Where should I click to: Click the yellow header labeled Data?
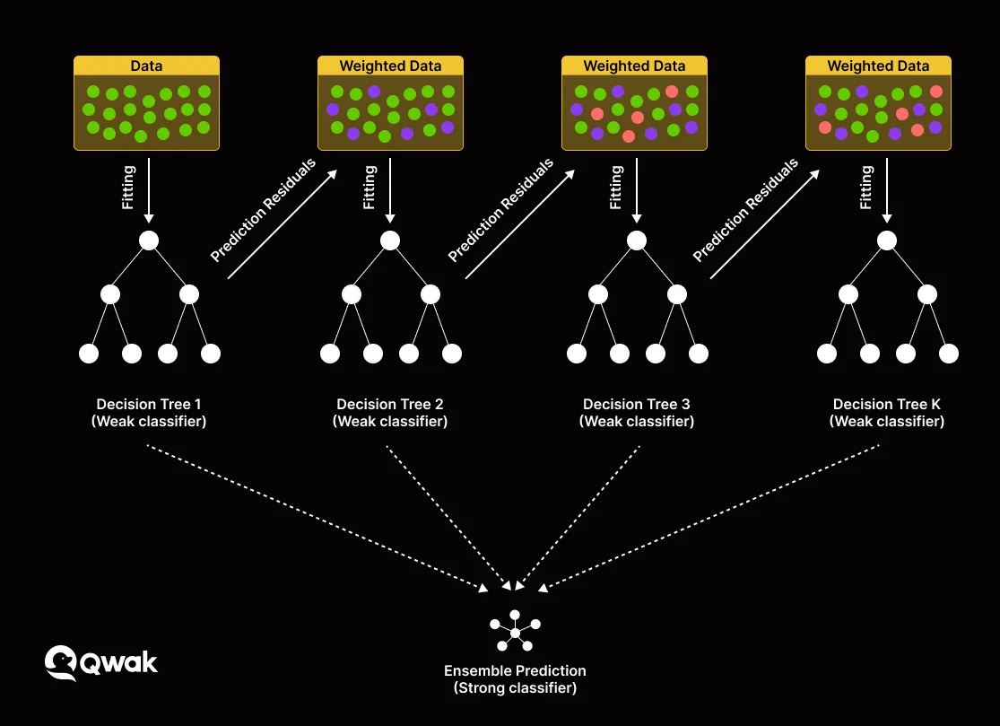[146, 66]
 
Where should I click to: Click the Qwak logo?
[100, 663]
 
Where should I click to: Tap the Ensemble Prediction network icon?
[515, 633]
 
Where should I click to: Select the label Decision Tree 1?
[149, 405]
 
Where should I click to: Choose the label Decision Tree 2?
[390, 405]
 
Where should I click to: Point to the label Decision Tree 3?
[637, 405]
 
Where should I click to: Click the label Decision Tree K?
[887, 405]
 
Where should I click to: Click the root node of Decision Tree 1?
[149, 241]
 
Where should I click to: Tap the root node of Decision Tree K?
[887, 241]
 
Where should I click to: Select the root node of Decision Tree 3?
[637, 241]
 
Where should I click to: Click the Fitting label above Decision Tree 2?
[370, 187]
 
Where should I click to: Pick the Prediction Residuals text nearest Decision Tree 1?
[264, 210]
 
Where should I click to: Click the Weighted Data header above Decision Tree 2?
[390, 66]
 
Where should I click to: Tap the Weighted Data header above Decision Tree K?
[878, 66]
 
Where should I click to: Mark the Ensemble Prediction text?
[515, 671]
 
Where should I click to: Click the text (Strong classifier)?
[515, 688]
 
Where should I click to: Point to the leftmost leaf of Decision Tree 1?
[89, 354]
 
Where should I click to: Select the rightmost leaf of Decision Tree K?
[948, 354]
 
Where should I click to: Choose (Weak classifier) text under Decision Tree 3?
[637, 422]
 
